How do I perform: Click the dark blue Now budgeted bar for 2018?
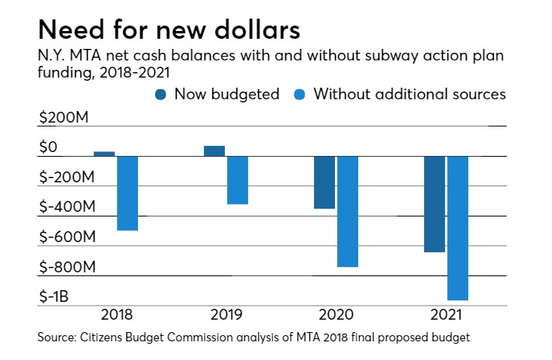coord(104,154)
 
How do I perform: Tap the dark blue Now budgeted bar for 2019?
coord(214,151)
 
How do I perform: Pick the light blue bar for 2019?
coord(236,180)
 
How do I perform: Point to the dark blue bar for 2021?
coord(434,204)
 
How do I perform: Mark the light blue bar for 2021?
coord(457,228)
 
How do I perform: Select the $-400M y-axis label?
coord(67,207)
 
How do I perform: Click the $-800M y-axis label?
coord(67,267)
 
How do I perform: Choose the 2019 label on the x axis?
coord(226,316)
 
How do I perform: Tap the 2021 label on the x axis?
coord(446,316)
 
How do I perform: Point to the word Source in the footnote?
coord(57,339)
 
